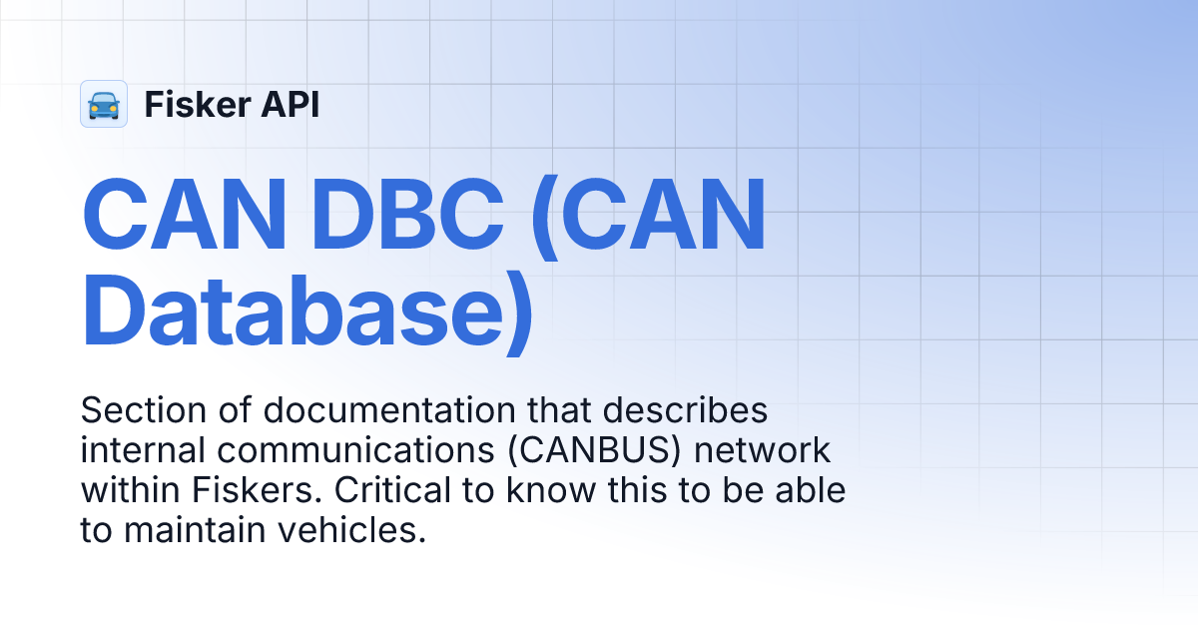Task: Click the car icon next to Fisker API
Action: [x=104, y=104]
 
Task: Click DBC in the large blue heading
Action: [x=410, y=218]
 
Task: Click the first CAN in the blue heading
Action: [x=187, y=218]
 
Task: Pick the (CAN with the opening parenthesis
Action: [x=649, y=218]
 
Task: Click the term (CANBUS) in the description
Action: [x=600, y=451]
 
